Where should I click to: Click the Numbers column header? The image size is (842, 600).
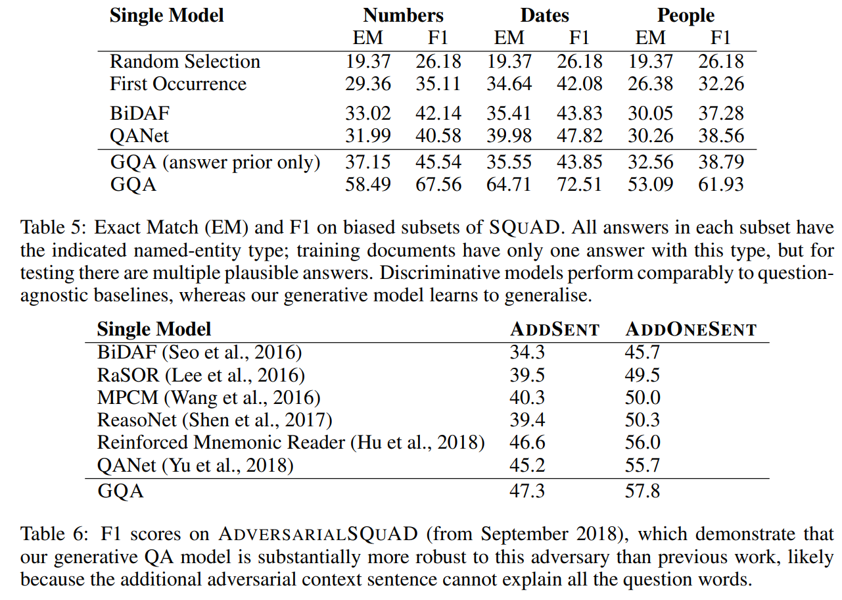pos(403,16)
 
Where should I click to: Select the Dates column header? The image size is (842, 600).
pos(544,16)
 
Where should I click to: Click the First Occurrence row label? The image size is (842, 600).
pos(177,84)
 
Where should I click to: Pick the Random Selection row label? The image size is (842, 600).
pos(185,61)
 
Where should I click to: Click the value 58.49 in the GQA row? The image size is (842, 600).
pos(367,184)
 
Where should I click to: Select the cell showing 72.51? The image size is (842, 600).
pos(579,184)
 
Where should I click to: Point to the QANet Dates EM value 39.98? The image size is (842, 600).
pos(509,136)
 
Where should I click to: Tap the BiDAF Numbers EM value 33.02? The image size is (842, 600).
pos(367,114)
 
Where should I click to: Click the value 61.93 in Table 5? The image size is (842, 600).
pos(720,184)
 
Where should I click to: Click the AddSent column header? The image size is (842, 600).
pos(555,330)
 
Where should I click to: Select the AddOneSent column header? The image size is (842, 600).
pos(691,330)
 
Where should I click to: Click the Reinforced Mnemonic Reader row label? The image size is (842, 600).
pos(291,443)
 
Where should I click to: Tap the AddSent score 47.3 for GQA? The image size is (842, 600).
pos(527,491)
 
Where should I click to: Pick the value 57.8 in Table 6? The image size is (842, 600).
pos(642,491)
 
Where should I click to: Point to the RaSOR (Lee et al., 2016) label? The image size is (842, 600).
pos(200,376)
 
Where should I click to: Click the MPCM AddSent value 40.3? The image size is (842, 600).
pos(527,397)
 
